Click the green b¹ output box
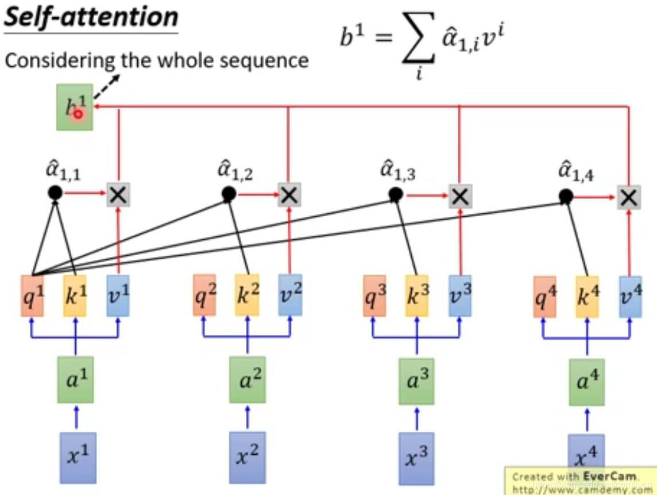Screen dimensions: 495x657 point(75,107)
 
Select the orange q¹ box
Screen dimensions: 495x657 point(32,296)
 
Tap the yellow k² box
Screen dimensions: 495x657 point(247,294)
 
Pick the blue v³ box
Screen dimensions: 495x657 point(460,295)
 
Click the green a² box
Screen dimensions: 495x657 point(247,379)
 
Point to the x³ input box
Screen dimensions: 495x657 point(417,456)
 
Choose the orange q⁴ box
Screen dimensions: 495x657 point(544,297)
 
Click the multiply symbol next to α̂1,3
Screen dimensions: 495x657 point(459,197)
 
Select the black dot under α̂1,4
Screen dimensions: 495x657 point(566,197)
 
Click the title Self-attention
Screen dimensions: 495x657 point(91,17)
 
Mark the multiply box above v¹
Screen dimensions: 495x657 point(118,195)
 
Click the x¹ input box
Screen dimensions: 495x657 point(78,457)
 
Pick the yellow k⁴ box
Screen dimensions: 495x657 point(586,296)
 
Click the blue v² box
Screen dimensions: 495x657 point(289,294)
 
